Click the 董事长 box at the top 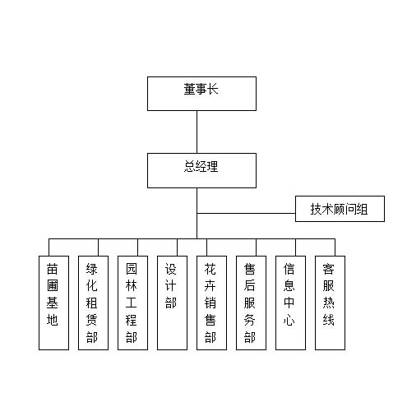coord(201,94)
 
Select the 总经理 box coord(201,170)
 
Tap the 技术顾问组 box coord(340,209)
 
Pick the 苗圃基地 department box coord(53,303)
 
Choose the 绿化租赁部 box coord(93,303)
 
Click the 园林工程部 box coord(132,303)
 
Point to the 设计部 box coord(172,303)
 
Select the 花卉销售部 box coord(211,303)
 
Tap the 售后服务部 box coord(251,303)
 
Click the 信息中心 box coord(290,303)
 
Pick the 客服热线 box coord(330,303)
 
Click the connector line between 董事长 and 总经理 coord(197,132)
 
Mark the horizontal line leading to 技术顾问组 coord(246,213)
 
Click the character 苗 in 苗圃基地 coord(52,269)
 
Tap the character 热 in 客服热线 coord(328,303)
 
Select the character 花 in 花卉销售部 coord(210,269)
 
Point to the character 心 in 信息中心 coord(289,320)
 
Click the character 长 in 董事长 coord(213,90)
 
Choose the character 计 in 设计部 coord(170,286)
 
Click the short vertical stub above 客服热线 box coord(335,247)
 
